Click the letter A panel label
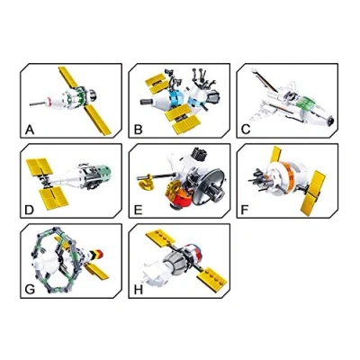tap(30, 130)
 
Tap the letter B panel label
tap(138, 130)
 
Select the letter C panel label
tap(246, 130)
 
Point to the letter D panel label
tap(29, 211)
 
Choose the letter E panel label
tap(138, 211)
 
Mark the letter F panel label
tap(245, 211)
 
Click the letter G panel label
tap(30, 290)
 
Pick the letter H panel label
tap(139, 290)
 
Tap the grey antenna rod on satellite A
tap(37, 103)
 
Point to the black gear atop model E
tap(200, 154)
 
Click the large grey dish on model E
tap(209, 186)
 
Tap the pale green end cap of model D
tap(104, 173)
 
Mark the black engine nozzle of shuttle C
tap(330, 121)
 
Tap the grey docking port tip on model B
tap(147, 102)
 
